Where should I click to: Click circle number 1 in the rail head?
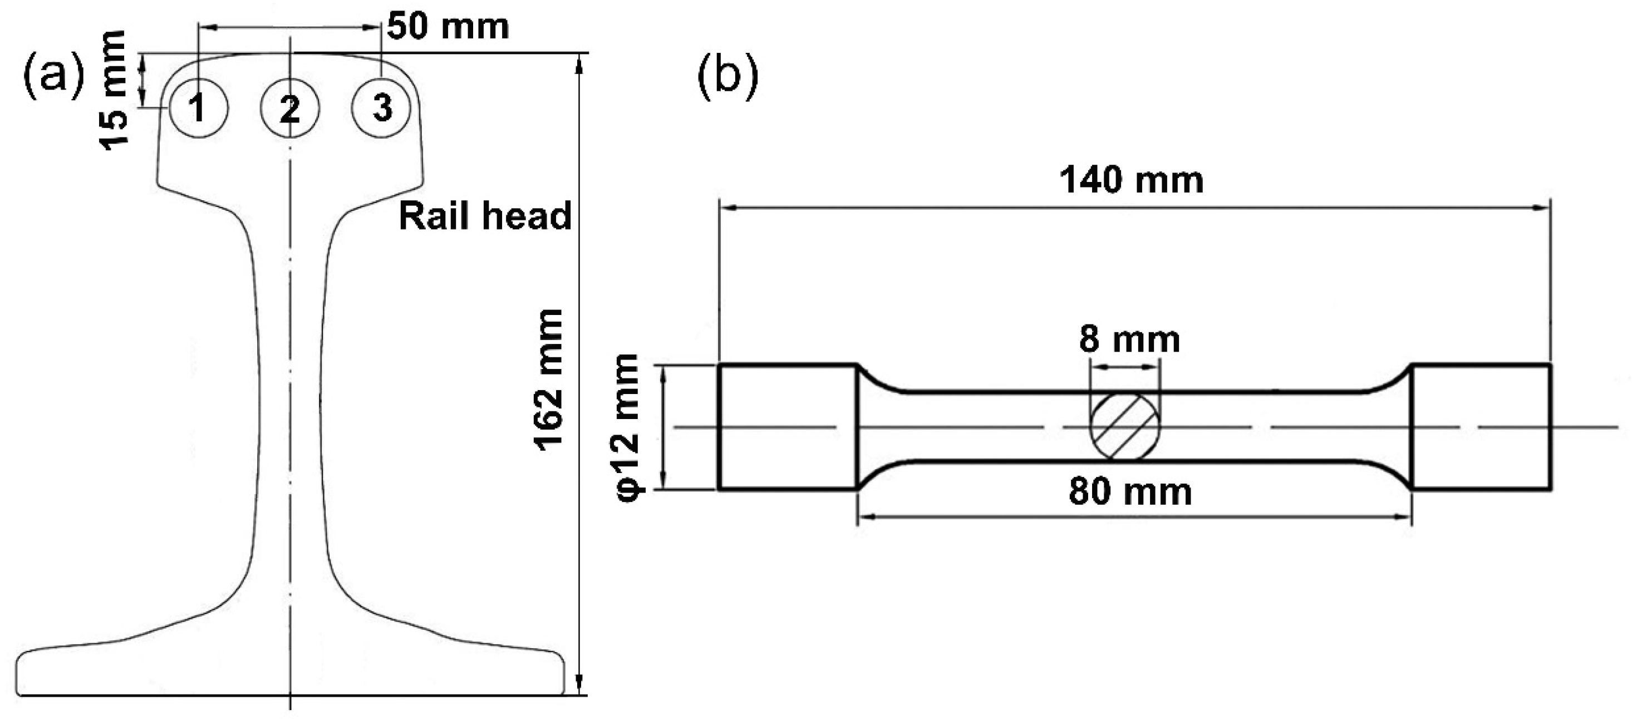pyautogui.click(x=198, y=109)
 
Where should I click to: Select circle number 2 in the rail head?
pyautogui.click(x=290, y=109)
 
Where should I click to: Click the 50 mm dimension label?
pyautogui.click(x=448, y=27)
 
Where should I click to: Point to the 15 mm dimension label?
pyautogui.click(x=114, y=90)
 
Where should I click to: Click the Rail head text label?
pyautogui.click(x=485, y=216)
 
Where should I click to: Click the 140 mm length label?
pyautogui.click(x=1132, y=180)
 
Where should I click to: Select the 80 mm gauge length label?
pyautogui.click(x=1130, y=492)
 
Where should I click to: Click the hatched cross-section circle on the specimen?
pyautogui.click(x=1124, y=426)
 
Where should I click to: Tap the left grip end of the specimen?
pyautogui.click(x=788, y=427)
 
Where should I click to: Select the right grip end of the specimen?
pyautogui.click(x=1482, y=427)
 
